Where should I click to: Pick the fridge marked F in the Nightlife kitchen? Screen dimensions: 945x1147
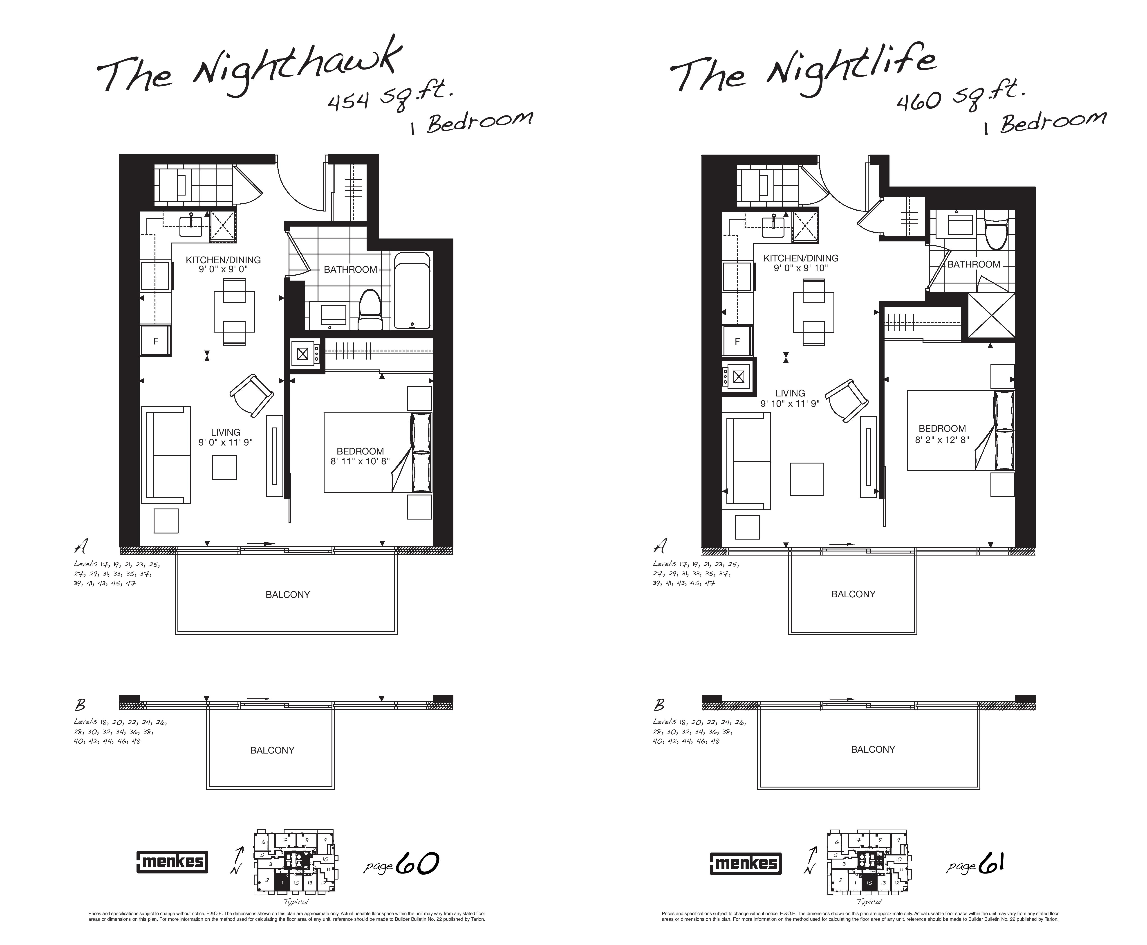(737, 341)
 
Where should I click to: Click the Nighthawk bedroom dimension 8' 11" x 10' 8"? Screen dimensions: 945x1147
(360, 461)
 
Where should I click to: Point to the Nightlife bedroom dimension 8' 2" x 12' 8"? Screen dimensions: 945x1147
(942, 439)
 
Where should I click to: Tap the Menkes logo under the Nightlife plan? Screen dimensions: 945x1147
(746, 863)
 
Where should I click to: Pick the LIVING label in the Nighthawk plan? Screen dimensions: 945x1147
(225, 432)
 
